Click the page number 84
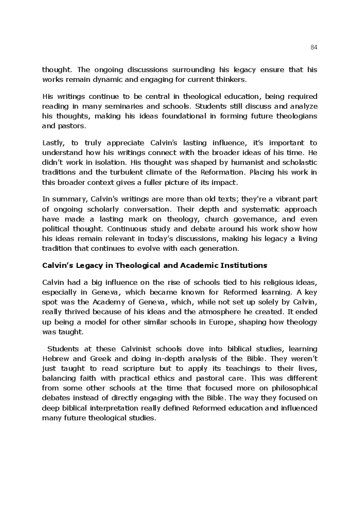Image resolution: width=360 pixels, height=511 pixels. pyautogui.click(x=314, y=47)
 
